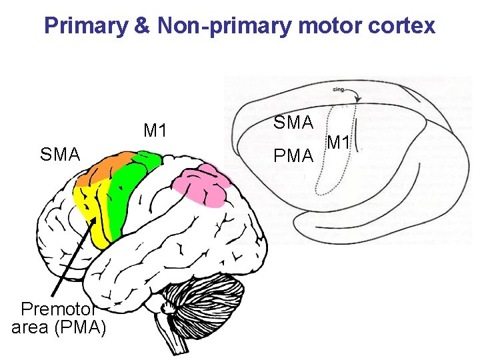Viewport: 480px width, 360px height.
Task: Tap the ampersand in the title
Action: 143,26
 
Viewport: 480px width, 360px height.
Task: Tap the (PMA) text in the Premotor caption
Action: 82,327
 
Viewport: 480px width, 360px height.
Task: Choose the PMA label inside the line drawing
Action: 294,156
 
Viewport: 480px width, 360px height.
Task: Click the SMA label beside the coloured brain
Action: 60,155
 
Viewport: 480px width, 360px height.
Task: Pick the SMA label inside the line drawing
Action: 294,123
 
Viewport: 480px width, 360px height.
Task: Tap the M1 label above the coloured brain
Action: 155,131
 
